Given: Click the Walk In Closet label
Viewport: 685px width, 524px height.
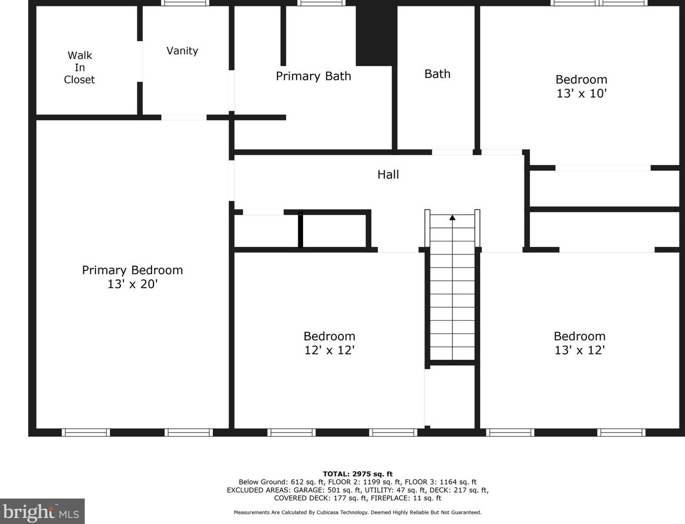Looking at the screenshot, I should (79, 67).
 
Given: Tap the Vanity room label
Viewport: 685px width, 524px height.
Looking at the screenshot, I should (182, 51).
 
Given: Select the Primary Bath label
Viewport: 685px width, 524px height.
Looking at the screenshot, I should (313, 76).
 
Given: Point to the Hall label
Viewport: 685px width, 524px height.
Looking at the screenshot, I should (388, 175).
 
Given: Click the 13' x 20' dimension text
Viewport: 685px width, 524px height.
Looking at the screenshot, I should (132, 284).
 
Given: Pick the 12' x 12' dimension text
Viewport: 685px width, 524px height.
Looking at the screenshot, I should (329, 350).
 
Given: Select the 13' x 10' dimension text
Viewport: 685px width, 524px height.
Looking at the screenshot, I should (581, 93).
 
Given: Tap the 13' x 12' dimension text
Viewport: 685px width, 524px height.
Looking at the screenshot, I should (579, 350).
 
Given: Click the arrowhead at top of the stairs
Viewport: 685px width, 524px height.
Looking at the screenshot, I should (452, 217).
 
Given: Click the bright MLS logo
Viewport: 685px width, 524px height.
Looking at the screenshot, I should (42, 512).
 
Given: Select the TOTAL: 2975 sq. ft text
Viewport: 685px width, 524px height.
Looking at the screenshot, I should (357, 474).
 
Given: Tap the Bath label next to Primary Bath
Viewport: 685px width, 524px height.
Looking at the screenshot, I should (437, 74).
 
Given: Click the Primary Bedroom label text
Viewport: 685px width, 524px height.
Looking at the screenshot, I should (132, 270).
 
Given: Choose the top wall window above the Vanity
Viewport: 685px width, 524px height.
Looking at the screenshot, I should (185, 3).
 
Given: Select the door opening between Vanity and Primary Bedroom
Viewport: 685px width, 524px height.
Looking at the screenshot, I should (184, 117).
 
